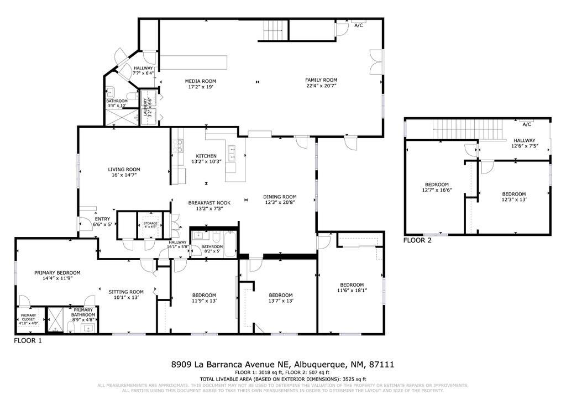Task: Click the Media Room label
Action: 200,81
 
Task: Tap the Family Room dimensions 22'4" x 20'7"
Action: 321,86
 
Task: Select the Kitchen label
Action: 206,156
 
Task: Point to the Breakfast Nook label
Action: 209,203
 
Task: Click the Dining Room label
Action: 280,197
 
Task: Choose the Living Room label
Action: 123,170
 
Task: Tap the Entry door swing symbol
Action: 86,223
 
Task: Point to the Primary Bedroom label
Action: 57,272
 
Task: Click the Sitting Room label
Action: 125,292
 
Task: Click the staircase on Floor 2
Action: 467,131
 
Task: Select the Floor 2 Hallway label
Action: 524,140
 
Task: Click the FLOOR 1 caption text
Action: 28,341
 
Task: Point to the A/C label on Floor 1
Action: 359,25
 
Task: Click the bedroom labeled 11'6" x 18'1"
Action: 352,287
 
